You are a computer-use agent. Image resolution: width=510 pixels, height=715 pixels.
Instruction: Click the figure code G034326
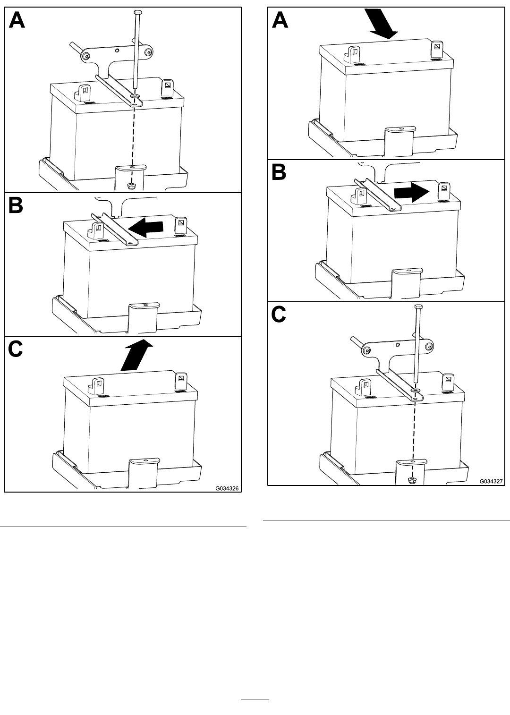click(x=227, y=488)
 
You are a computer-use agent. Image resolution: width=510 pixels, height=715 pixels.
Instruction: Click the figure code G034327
click(x=491, y=481)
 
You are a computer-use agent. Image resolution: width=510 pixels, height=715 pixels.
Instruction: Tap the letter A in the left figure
click(x=17, y=20)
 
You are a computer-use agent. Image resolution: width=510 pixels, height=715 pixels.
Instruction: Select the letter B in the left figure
click(x=16, y=206)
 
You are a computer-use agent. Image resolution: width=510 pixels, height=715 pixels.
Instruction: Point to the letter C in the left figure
click(x=15, y=349)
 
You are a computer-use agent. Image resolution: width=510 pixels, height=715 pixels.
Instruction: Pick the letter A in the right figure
click(x=280, y=20)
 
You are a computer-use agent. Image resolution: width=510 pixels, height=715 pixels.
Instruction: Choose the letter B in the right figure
click(x=279, y=173)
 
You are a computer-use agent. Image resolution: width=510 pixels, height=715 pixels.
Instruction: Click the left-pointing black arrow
click(x=145, y=227)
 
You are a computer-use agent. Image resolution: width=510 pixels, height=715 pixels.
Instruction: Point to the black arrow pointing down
click(x=381, y=24)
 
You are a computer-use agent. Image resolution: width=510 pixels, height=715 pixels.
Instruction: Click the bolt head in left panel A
click(x=137, y=12)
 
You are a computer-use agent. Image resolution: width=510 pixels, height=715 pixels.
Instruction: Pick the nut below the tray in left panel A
click(x=130, y=186)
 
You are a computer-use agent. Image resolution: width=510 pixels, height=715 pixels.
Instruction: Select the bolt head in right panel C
click(x=418, y=307)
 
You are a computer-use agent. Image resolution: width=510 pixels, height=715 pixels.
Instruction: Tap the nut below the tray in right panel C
click(x=411, y=480)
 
